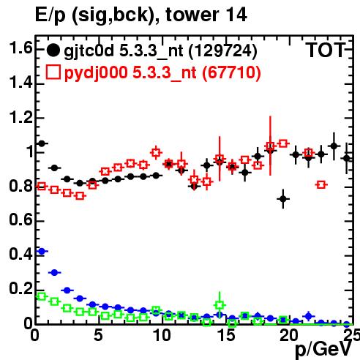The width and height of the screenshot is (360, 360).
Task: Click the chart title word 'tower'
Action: tap(191, 15)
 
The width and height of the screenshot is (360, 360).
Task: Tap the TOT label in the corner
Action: tap(326, 50)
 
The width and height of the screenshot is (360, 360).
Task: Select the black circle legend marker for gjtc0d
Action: tap(53, 50)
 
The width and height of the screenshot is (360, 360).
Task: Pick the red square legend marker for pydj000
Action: tap(53, 72)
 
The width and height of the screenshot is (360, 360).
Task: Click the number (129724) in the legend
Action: tap(222, 51)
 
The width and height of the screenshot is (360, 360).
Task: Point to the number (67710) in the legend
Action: tap(231, 72)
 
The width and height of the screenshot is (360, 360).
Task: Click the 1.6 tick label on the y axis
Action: tap(20, 48)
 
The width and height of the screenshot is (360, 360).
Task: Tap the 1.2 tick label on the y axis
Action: tap(20, 118)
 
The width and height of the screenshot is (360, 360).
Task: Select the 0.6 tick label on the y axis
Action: tap(20, 220)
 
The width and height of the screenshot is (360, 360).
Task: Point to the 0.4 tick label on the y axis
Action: tap(20, 254)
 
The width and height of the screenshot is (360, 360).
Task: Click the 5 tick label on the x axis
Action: tap(98, 335)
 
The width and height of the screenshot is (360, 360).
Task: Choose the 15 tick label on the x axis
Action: tap(227, 335)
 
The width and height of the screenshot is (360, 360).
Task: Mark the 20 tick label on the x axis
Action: tap(289, 335)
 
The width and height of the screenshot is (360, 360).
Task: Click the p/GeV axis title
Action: tap(323, 350)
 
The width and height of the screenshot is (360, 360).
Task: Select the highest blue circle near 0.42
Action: tap(42, 251)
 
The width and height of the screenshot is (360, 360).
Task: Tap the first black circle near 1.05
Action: tap(42, 143)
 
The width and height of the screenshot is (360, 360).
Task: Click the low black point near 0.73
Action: tap(283, 199)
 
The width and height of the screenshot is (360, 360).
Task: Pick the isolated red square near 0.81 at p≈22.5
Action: tap(321, 184)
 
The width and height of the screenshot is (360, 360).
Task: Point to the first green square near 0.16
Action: tap(42, 296)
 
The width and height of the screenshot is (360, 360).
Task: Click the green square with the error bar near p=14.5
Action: tap(220, 305)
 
